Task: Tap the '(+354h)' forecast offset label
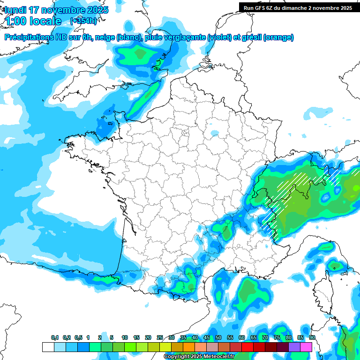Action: [83, 21]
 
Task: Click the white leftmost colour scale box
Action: [48, 347]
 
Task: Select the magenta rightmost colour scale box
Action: [306, 347]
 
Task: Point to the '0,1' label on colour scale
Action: [54, 338]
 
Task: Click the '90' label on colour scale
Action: [312, 338]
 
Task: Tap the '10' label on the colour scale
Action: [125, 338]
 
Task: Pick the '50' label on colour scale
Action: [218, 338]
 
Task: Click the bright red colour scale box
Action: [247, 347]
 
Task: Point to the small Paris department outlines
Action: [185, 133]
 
